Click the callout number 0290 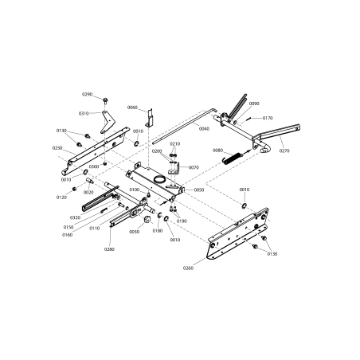coord(88,96)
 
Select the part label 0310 coord(84,113)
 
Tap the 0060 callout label coord(132,108)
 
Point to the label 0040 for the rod coord(204,128)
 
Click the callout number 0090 coord(254,104)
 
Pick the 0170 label coord(268,118)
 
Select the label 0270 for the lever coord(285,150)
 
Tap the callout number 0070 coord(194,167)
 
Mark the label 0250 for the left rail coord(57,147)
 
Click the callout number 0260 coord(209,268)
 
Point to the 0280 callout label coord(109,249)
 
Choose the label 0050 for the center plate coord(199,190)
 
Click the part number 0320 coord(75,217)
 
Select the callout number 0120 coord(61,197)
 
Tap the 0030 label coord(134,232)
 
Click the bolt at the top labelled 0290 coord(105,100)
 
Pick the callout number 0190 coord(182,221)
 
